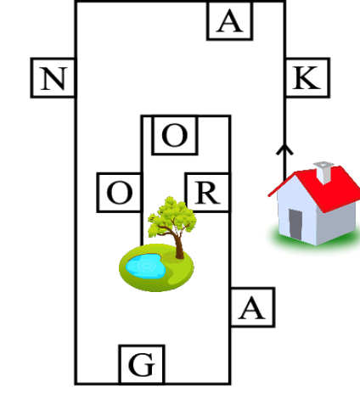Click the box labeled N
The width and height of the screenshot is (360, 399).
pos(53,78)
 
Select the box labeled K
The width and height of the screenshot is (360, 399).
pos(307,78)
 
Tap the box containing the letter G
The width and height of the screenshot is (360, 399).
pos(142,364)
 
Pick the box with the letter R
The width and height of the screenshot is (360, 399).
pos(207,193)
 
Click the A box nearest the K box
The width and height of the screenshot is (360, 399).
pos(229,20)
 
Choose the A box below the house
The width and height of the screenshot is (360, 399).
pos(253,307)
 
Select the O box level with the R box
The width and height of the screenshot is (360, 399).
pos(120,193)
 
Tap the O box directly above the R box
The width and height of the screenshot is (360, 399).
pos(175,135)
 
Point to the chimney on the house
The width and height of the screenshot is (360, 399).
pos(324,172)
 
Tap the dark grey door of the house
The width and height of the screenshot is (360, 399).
pos(295,225)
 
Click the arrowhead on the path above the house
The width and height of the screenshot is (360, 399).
pos(284,149)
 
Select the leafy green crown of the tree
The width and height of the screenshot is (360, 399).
pos(172,215)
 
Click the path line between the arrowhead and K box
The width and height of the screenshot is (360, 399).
pos(284,121)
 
